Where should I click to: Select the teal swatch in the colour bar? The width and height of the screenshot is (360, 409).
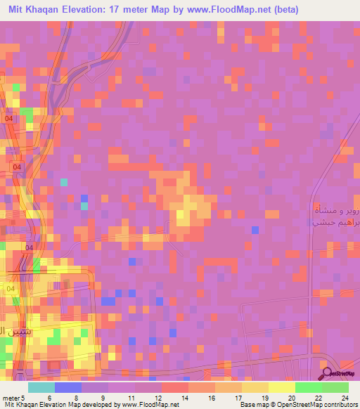pos(41,387)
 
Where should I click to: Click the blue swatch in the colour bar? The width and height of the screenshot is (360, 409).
pos(67,387)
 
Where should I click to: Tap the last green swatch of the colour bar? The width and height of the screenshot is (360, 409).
pos(335,387)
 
